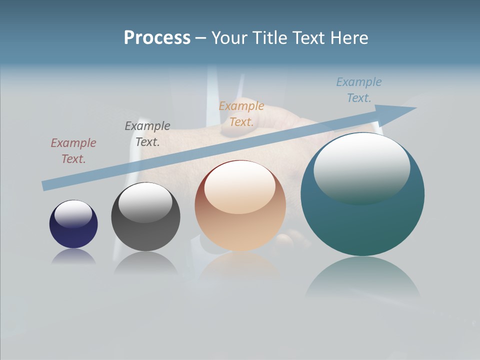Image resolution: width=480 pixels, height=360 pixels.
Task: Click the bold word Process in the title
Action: click(157, 38)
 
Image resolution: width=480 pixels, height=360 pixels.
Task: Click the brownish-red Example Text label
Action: click(73, 151)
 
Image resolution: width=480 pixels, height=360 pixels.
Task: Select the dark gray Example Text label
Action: click(147, 134)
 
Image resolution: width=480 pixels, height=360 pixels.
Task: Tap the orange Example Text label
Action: click(241, 114)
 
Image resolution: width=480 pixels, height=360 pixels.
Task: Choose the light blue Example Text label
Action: click(359, 90)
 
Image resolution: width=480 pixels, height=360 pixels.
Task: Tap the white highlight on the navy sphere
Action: click(73, 213)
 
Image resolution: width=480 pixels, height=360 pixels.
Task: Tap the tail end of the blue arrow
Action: click(45, 186)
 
